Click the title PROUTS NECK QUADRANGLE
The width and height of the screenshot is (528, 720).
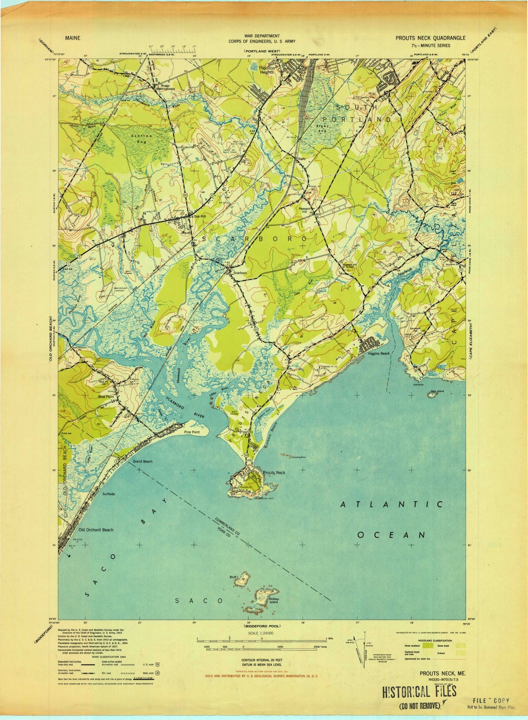pyautogui.click(x=430, y=38)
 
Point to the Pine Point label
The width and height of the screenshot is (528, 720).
pyautogui.click(x=192, y=432)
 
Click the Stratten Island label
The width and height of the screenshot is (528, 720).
pyautogui.click(x=274, y=601)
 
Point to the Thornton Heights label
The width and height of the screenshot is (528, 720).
pyautogui.click(x=267, y=70)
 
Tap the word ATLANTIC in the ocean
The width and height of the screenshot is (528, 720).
pyautogui.click(x=391, y=505)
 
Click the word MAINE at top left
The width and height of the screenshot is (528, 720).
pyautogui.click(x=72, y=38)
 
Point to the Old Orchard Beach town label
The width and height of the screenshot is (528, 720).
pyautogui.click(x=96, y=530)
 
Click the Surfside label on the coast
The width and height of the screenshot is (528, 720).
pyautogui.click(x=108, y=494)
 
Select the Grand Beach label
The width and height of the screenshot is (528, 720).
pyautogui.click(x=143, y=461)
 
